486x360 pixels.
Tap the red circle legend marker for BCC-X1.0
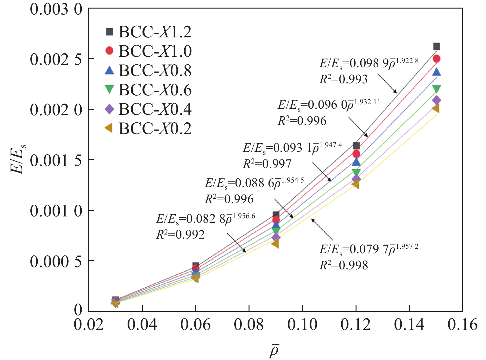[x=109, y=51]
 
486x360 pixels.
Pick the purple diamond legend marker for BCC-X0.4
[x=109, y=109]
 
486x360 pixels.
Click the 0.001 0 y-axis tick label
[x=56, y=211]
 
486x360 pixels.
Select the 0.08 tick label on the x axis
[x=249, y=325]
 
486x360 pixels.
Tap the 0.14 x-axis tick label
[x=409, y=325]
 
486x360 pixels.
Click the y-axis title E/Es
[x=18, y=159]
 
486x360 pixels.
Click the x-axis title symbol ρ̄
[x=274, y=350]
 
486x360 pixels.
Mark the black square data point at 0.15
[x=437, y=47]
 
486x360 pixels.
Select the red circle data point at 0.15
[x=437, y=59]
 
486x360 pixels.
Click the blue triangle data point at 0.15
[x=437, y=72]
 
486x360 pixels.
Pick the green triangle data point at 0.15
[x=437, y=89]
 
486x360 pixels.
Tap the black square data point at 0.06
[x=196, y=266]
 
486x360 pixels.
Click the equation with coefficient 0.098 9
[x=369, y=63]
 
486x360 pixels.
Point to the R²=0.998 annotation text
[x=344, y=265]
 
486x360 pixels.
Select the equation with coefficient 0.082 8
[x=205, y=218]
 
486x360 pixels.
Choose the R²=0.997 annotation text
[x=267, y=164]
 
